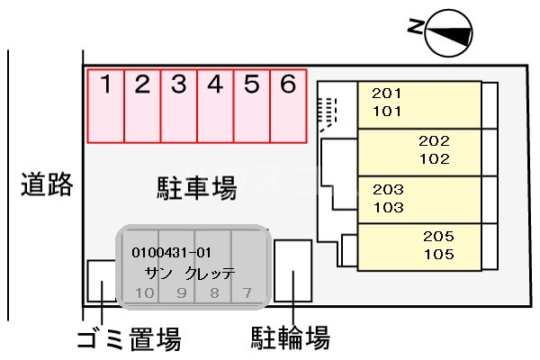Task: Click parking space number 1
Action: point(105,106)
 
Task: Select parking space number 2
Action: point(142,106)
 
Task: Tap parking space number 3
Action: point(179,106)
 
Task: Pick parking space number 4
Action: point(215,106)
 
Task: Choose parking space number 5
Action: point(252,106)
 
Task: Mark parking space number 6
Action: point(288,106)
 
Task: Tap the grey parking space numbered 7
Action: point(247,292)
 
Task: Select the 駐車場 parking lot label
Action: point(192,188)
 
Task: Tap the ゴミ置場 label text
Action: point(128,339)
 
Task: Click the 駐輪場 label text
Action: point(289,339)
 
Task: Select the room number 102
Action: point(434,159)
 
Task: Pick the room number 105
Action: point(437,255)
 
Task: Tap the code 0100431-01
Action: point(171,252)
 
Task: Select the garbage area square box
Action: point(102,283)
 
